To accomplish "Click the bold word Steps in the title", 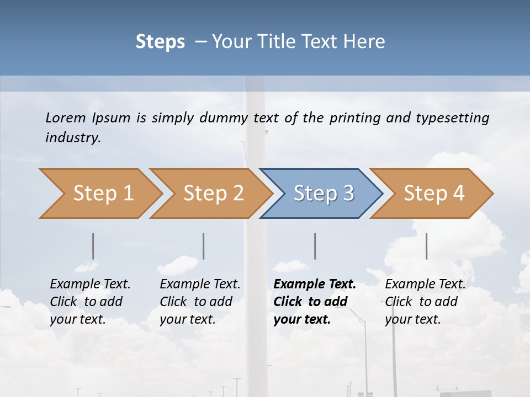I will tap(160, 42).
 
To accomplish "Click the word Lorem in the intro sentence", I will tap(66, 118).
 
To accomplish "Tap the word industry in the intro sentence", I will tap(72, 138).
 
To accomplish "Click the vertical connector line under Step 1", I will tap(93, 246).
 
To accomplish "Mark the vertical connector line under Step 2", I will tap(204, 246).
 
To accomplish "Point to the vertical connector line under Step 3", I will tap(315, 246).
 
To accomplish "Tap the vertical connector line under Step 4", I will tap(426, 246).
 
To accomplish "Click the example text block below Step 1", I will tap(90, 302).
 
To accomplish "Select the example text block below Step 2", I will tap(200, 302).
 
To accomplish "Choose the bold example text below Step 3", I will tap(315, 302).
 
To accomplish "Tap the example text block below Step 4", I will tap(425, 302).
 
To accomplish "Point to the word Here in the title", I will tap(367, 42).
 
